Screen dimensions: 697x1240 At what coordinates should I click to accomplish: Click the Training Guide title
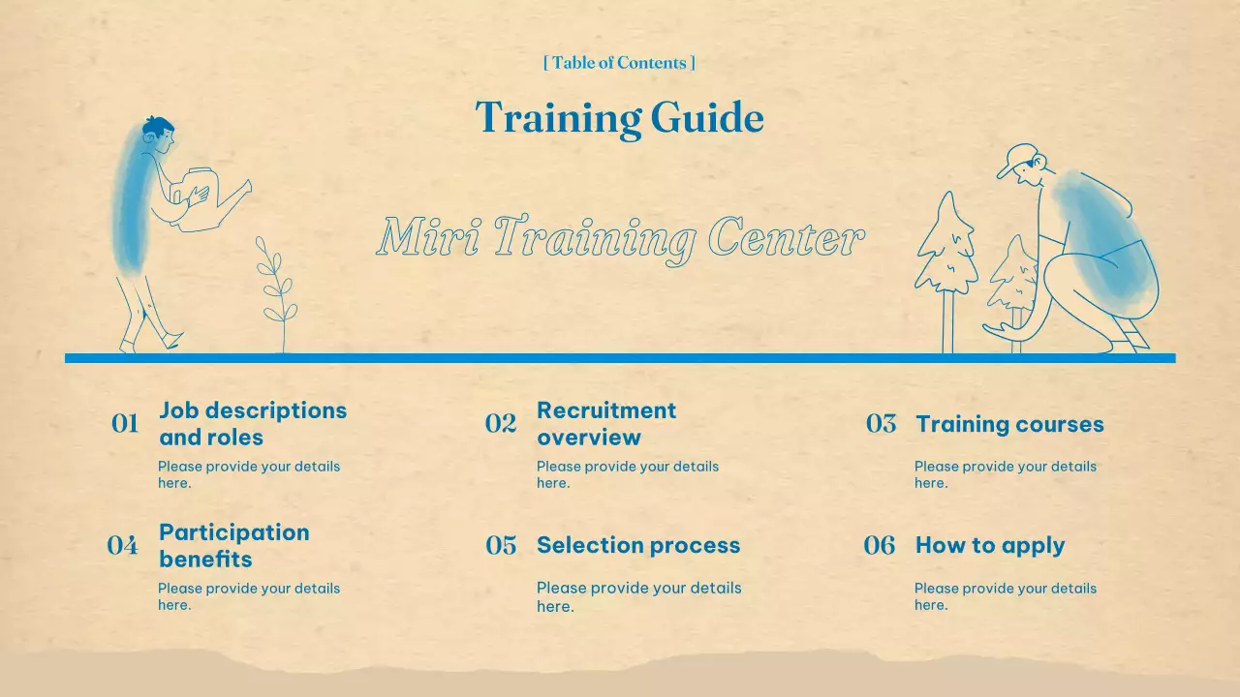[x=619, y=118]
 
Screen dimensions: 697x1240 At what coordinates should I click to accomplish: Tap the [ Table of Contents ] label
[x=619, y=63]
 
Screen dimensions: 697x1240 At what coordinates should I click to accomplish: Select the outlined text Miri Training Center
[x=619, y=238]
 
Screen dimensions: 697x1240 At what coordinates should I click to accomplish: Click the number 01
[x=125, y=424]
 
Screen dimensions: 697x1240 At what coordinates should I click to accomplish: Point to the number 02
[x=501, y=424]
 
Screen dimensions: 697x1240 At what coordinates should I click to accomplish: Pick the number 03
[x=881, y=424]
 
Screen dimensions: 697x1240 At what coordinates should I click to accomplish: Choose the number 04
[x=123, y=546]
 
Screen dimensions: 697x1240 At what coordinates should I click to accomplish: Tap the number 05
[x=501, y=546]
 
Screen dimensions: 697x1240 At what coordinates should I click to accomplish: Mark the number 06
[x=880, y=546]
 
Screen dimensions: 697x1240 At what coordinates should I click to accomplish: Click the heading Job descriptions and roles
[x=253, y=423]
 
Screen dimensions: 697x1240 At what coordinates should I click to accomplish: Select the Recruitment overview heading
[x=606, y=423]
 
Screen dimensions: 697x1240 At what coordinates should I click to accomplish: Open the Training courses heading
[x=1009, y=424]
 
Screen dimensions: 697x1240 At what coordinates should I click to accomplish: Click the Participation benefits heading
[x=234, y=545]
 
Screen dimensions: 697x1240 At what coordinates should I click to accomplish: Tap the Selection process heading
[x=638, y=545]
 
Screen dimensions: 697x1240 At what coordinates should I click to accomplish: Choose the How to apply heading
[x=990, y=545]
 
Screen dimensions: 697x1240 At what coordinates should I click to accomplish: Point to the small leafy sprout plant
[x=277, y=290]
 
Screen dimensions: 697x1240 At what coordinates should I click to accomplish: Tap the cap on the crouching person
[x=1018, y=159]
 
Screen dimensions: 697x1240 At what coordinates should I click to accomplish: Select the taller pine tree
[x=946, y=247]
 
